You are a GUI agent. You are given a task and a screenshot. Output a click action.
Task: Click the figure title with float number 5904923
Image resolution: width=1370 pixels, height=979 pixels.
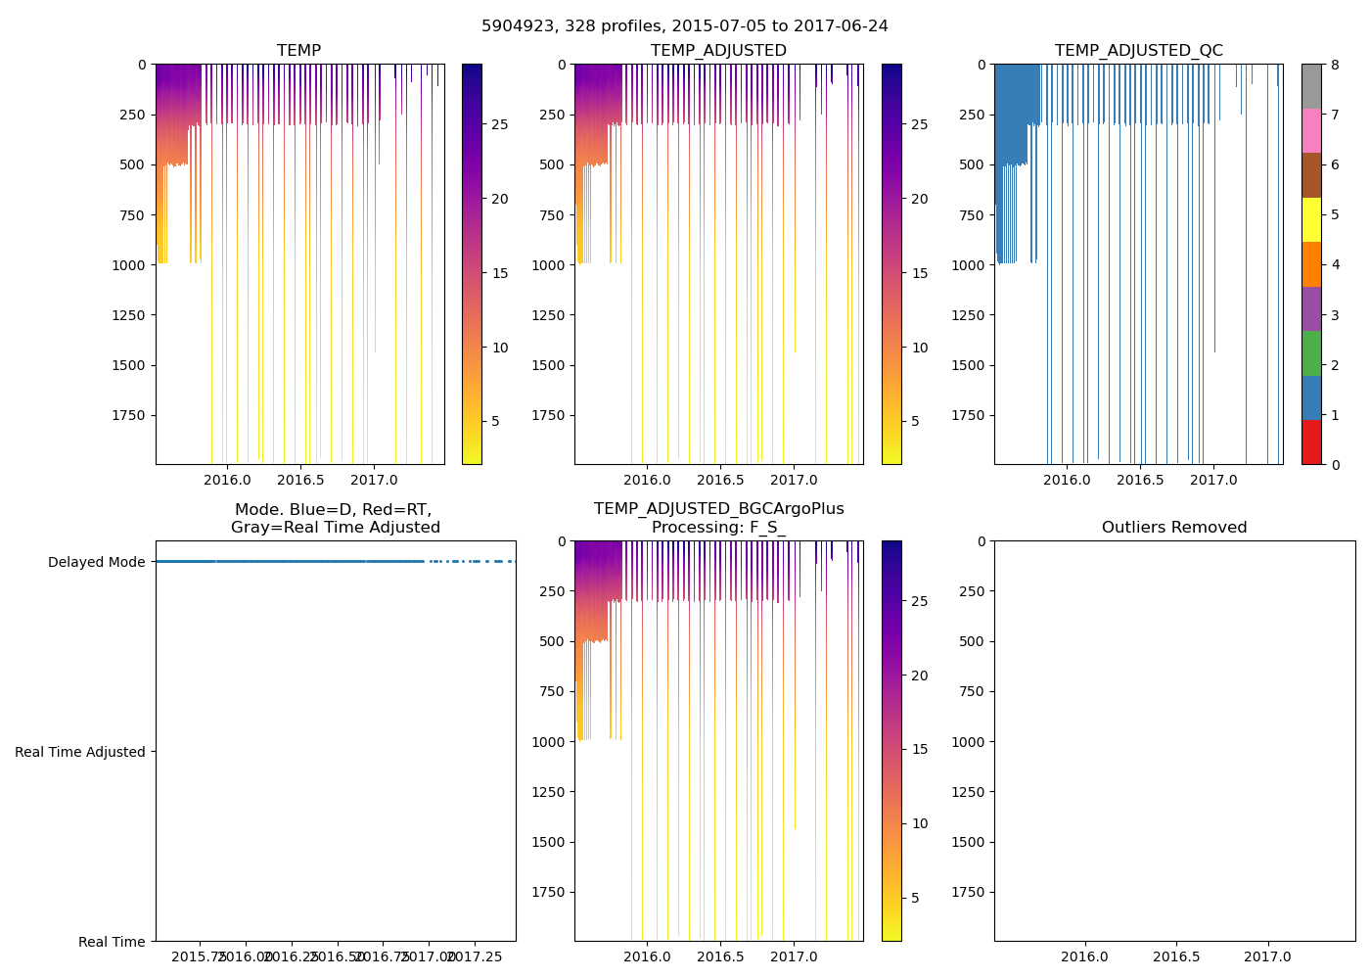click(684, 26)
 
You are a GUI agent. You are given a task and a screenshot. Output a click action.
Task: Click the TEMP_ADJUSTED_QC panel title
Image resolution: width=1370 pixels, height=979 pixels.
click(1138, 51)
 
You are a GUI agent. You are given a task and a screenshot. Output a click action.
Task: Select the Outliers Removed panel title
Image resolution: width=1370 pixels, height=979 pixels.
click(1173, 528)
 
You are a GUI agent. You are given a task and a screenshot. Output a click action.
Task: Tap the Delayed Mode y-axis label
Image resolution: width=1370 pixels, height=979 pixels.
click(96, 562)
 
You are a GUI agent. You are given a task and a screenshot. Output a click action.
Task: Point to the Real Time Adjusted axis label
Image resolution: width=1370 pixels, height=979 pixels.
click(79, 752)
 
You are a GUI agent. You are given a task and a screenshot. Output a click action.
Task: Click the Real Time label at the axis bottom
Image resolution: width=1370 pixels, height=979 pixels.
click(112, 942)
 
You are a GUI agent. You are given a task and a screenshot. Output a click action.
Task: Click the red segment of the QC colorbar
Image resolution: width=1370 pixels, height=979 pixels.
click(1311, 442)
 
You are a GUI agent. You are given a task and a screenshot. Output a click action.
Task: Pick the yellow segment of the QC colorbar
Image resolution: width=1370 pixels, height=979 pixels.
click(1311, 219)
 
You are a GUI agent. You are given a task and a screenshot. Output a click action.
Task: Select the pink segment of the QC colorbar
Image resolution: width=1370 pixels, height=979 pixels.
click(1311, 130)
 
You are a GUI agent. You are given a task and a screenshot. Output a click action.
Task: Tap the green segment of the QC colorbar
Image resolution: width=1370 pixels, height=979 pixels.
click(1311, 352)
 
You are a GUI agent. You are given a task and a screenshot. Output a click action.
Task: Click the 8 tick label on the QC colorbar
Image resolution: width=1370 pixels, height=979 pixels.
click(1334, 65)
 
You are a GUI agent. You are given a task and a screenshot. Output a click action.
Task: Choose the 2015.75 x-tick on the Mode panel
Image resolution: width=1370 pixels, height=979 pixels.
click(201, 956)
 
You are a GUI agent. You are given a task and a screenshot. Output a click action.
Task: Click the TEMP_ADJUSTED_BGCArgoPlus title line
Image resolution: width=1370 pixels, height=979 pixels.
click(718, 509)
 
